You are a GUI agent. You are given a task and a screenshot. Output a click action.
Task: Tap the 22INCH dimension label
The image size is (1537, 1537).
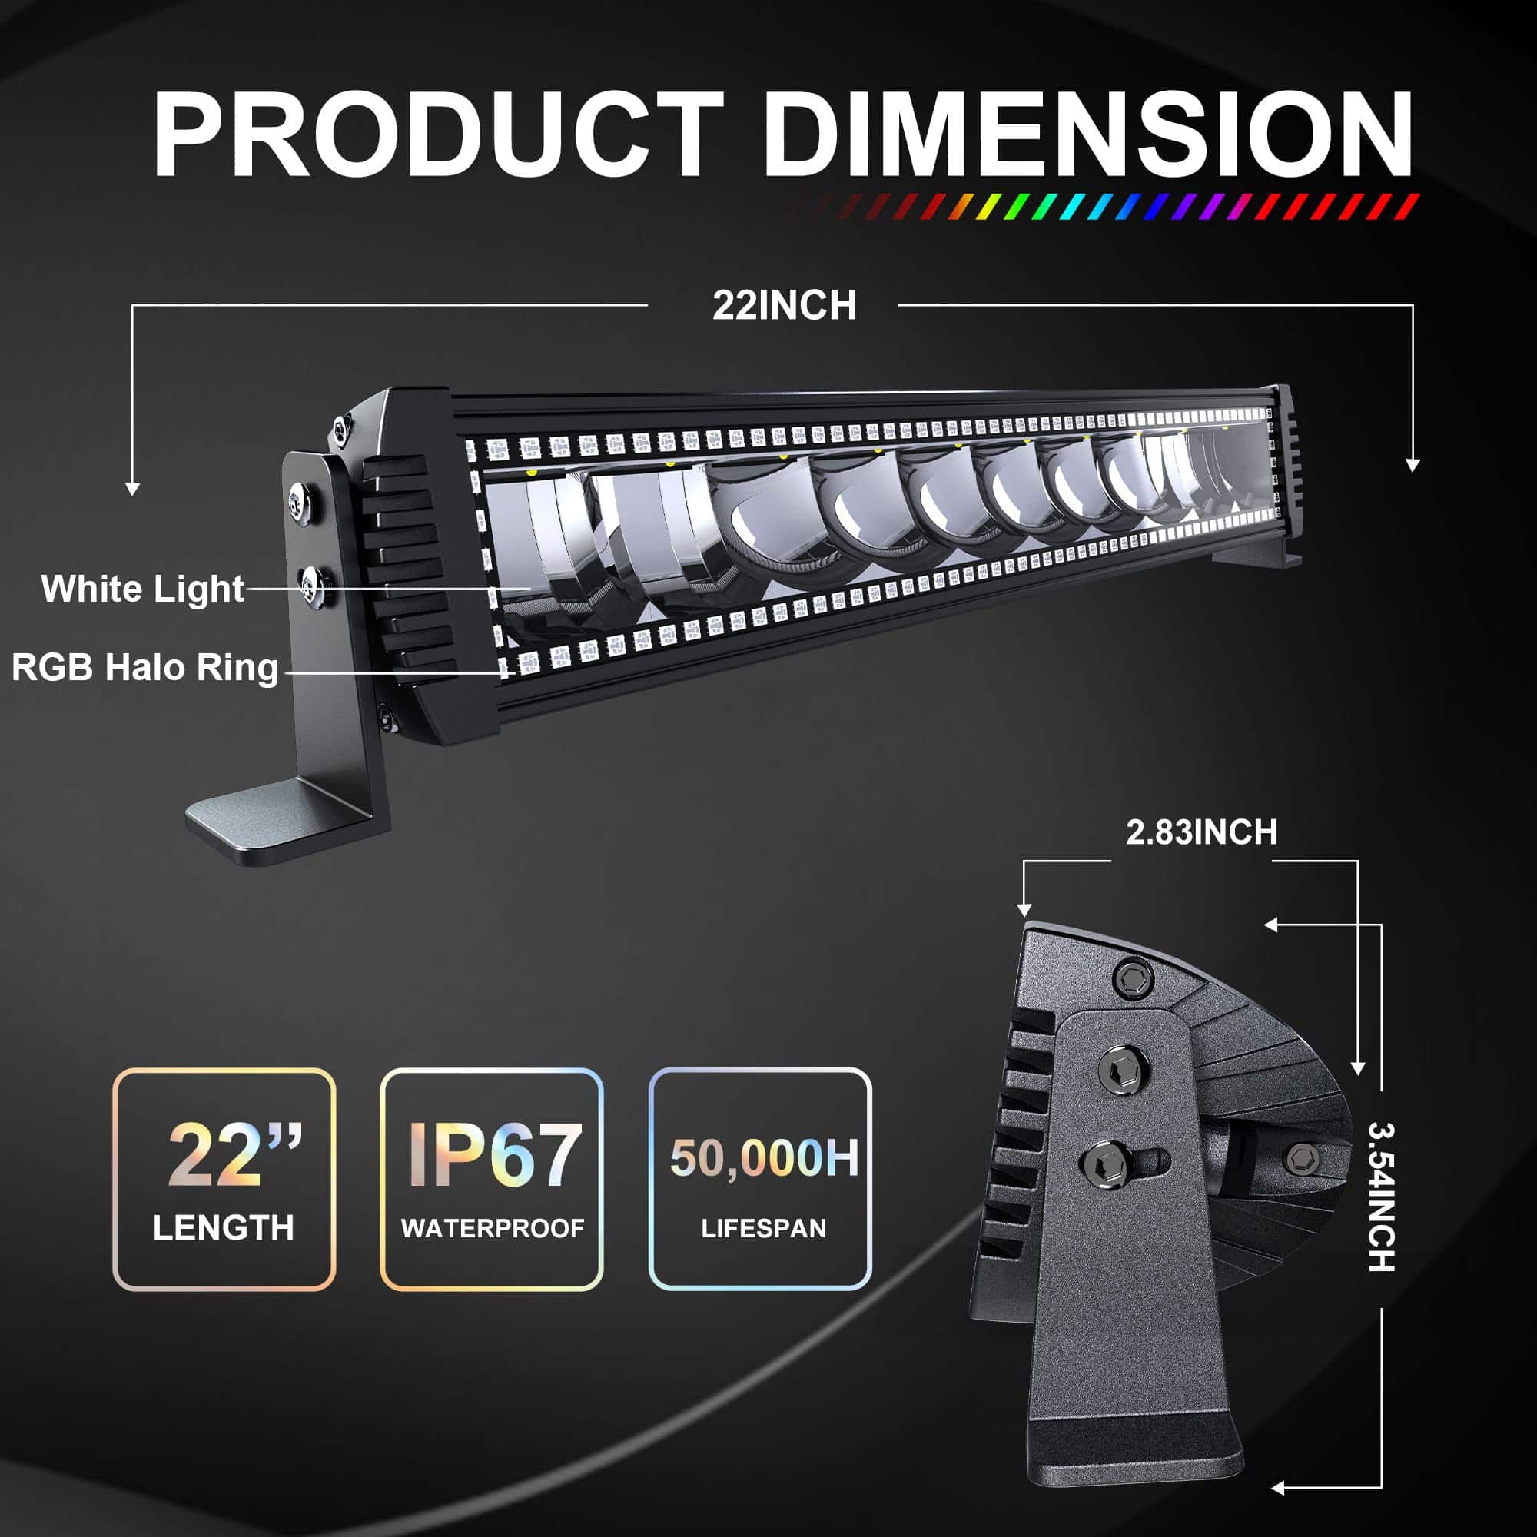coord(785,306)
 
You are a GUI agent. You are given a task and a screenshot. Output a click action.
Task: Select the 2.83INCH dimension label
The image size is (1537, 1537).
coord(1201,832)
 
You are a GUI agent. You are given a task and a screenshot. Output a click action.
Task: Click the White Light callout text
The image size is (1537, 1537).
coord(142,589)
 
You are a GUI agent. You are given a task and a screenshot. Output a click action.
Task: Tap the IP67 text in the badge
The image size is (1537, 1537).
coord(493,1154)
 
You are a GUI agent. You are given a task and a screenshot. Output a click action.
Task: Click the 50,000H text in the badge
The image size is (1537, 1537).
coord(765,1157)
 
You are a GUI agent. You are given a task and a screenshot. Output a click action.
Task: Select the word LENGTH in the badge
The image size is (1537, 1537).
coord(224,1227)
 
